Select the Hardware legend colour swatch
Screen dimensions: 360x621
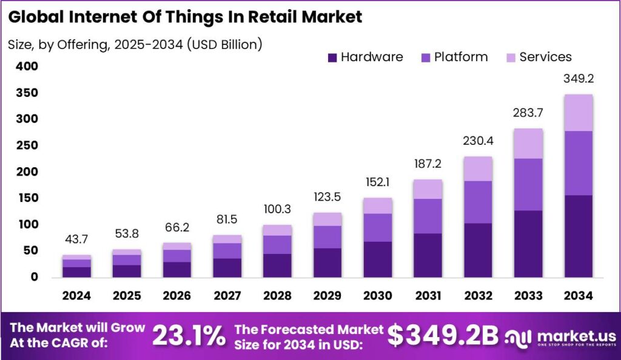coord(332,58)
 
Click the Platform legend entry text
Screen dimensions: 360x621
coord(461,58)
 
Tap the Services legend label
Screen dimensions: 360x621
coord(545,58)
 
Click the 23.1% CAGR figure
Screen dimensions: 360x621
coord(189,335)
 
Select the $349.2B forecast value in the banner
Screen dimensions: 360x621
coord(443,335)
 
